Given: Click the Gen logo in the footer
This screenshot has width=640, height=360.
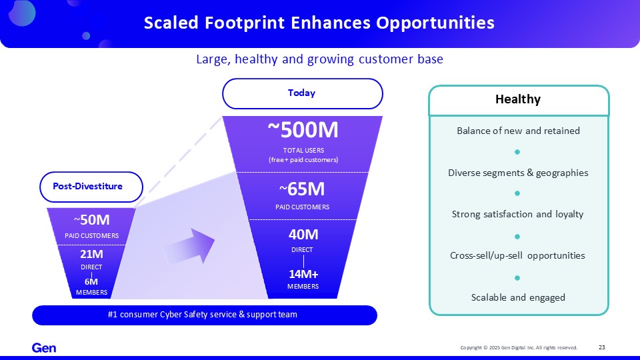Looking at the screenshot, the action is pos(44,348).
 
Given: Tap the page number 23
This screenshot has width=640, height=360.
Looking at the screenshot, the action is pos(601,347).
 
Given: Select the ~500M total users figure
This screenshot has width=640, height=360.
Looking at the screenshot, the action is pos(303,130).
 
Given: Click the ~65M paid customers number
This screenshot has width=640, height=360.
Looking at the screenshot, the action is pos(302,189).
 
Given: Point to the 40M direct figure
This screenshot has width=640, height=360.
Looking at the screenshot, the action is pos(303,234).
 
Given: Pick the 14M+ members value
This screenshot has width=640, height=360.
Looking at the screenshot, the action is pos(303,274).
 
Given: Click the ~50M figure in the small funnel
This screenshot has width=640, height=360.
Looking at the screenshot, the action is pos(91,220).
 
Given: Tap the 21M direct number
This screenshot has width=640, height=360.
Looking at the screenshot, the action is pos(91,254).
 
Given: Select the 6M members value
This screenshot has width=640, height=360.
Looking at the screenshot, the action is pos(91,281).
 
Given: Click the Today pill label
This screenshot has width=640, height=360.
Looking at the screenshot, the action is pos(301,93).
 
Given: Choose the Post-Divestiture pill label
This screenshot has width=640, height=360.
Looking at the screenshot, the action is pos(88,186).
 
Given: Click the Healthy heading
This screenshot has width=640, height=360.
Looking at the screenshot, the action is pos(518,99).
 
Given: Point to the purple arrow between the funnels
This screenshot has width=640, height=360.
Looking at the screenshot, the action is pos(189,246).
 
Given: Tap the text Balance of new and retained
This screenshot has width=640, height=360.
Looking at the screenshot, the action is pos(518,131).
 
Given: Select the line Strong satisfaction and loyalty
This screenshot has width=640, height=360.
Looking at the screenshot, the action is pos(517,214).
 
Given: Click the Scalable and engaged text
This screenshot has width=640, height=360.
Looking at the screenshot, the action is pos(518,297).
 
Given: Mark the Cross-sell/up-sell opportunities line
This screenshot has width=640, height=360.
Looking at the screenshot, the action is pos(517,255).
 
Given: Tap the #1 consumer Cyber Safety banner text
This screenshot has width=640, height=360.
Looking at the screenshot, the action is pos(203,315).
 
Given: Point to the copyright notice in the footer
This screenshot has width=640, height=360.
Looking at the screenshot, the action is pos(519,348).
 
